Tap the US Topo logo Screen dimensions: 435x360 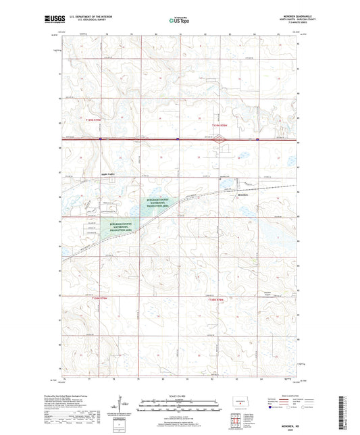[179, 20]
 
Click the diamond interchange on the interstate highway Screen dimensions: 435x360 [217, 140]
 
